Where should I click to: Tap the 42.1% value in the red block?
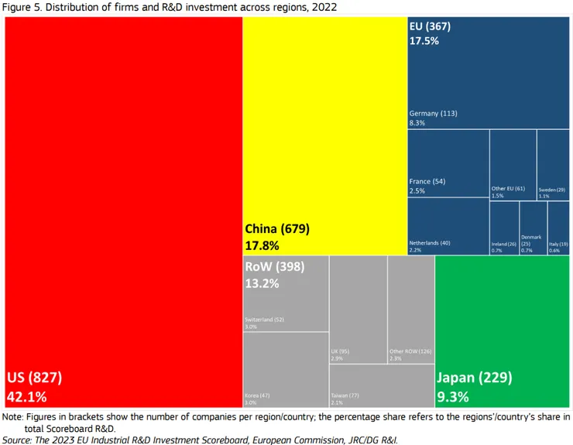27,396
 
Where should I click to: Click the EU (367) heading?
430,26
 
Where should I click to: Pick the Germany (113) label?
433,114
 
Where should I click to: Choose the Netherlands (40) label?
429,243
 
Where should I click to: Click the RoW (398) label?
274,267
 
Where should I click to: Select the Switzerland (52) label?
264,320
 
